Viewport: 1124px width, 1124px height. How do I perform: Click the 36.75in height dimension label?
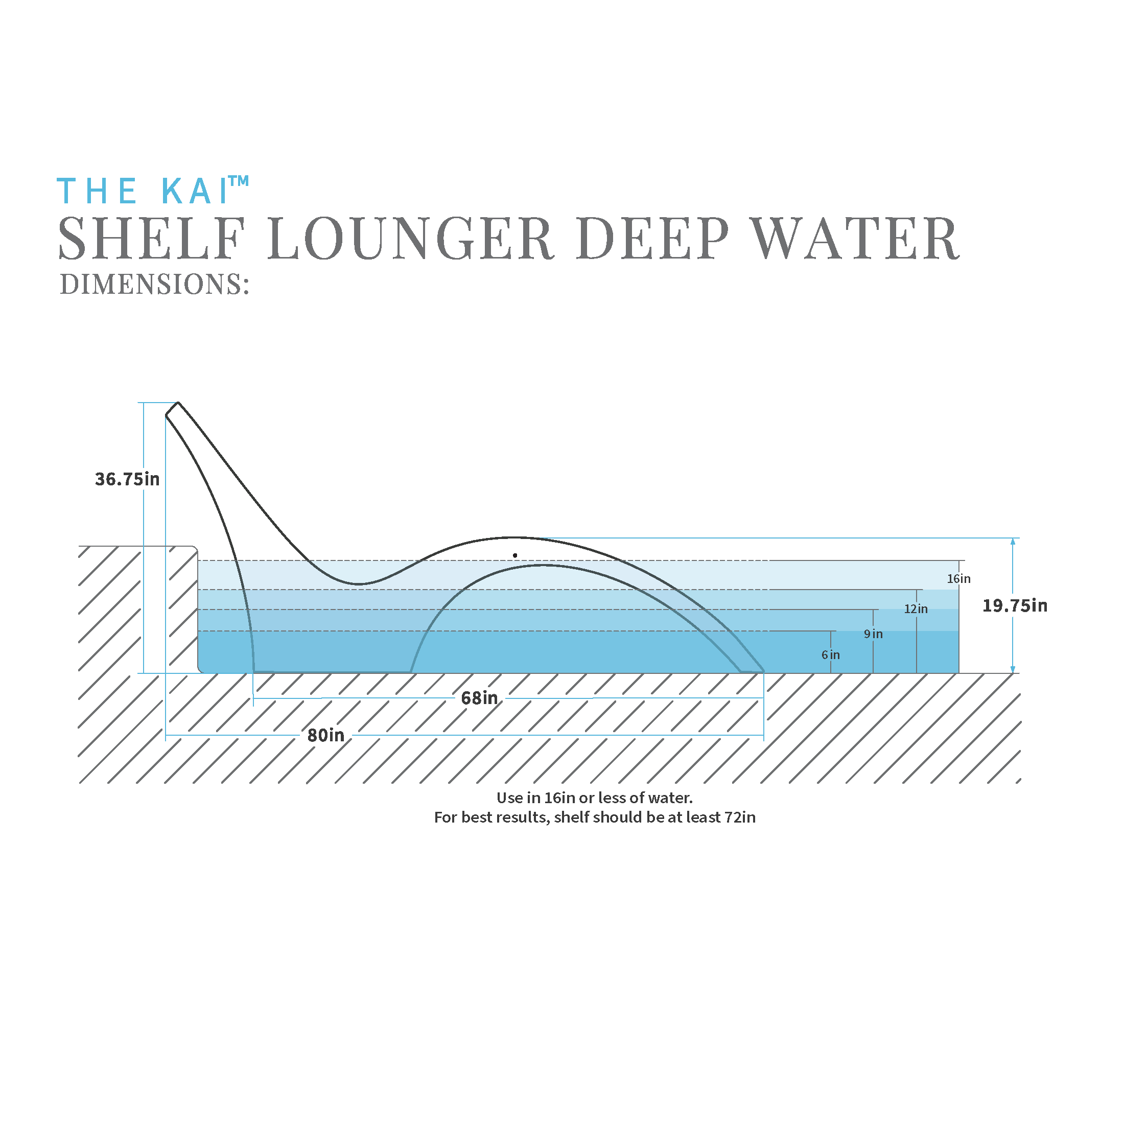(x=127, y=479)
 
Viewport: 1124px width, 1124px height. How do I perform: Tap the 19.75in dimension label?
(x=1015, y=605)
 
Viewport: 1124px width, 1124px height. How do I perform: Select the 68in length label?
(x=479, y=697)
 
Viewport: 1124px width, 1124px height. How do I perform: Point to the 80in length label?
(x=326, y=735)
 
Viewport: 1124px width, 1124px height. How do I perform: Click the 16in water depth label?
(x=959, y=578)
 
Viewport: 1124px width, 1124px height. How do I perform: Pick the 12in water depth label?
(x=916, y=608)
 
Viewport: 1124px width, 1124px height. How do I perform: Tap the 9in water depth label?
(x=873, y=634)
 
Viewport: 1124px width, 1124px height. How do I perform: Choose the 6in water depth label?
(x=830, y=654)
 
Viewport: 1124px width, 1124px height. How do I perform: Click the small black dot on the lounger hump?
(x=515, y=555)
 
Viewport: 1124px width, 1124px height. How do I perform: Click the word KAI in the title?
(x=194, y=191)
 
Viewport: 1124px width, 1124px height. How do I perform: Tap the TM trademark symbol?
(x=239, y=181)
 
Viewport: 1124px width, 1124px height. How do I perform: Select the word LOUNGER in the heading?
(x=410, y=239)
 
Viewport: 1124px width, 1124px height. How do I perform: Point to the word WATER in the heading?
(x=855, y=239)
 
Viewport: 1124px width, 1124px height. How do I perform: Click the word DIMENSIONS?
(x=154, y=285)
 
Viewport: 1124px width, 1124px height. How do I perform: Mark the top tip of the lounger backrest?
(x=177, y=403)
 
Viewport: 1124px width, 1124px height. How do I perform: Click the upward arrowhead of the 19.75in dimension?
(x=1013, y=541)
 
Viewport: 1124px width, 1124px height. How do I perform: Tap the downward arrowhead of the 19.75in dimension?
(x=1013, y=670)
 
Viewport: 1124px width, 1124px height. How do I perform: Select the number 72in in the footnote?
(x=740, y=817)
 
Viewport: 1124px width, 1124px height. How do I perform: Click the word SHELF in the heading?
(x=151, y=239)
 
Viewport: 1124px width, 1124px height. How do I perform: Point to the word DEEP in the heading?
(x=653, y=239)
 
